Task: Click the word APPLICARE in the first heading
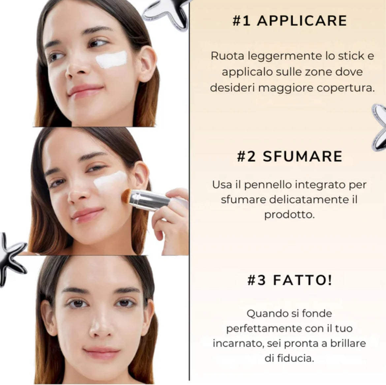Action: [302, 21]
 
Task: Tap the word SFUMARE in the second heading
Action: [303, 156]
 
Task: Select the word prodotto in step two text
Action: [289, 215]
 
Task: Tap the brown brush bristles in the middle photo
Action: [126, 196]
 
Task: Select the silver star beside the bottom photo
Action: [13, 259]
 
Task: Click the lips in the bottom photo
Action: [102, 353]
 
